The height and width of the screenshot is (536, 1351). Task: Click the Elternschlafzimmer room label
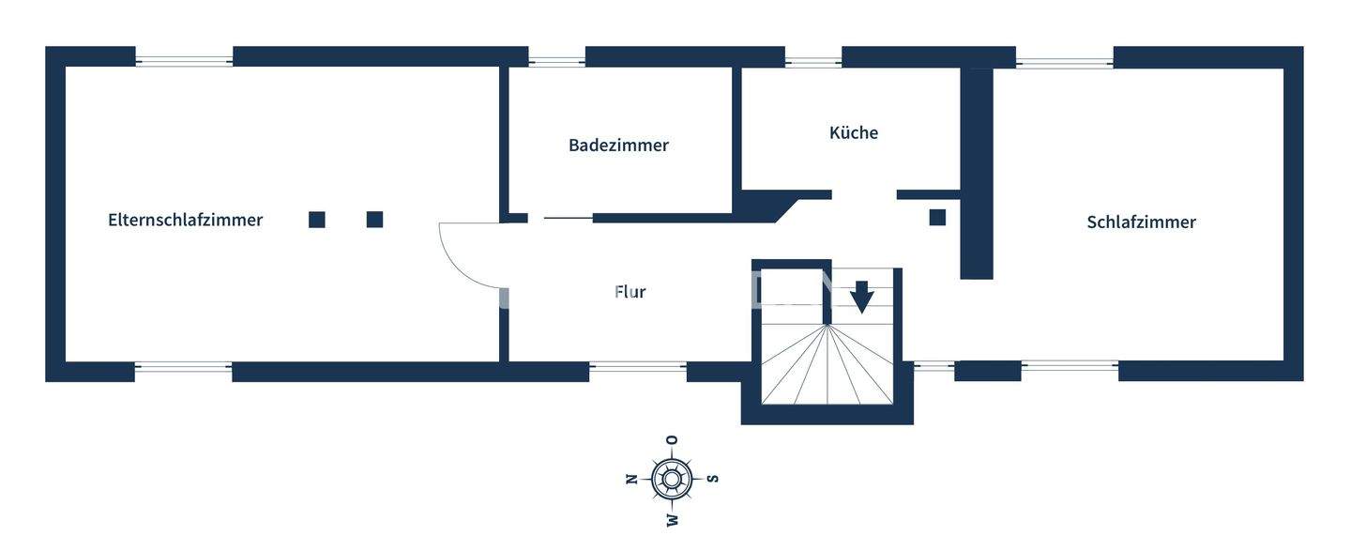185,221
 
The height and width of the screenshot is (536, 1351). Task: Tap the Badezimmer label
618,145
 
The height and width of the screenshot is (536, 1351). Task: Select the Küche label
853,132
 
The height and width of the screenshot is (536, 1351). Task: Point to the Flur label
630,292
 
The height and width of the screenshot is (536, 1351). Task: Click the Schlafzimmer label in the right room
1141,222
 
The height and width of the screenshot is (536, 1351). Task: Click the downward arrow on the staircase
861,298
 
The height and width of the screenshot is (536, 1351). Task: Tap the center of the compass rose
672,479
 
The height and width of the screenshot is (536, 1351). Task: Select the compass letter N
631,479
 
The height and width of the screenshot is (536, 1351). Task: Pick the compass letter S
713,479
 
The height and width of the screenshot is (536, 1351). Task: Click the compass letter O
672,439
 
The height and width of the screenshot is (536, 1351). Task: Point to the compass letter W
672,519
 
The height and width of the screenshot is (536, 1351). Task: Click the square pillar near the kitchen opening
937,217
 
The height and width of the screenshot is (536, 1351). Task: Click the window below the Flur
638,367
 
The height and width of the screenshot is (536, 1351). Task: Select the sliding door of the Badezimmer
568,219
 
